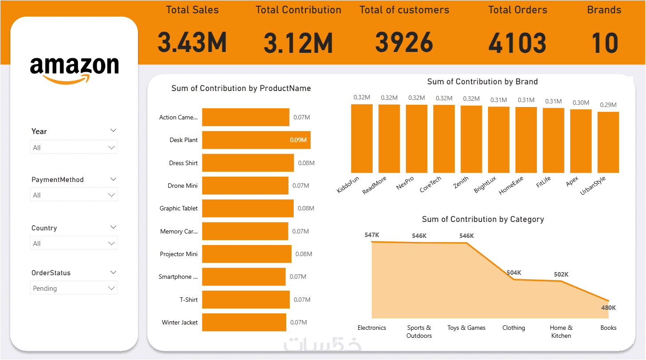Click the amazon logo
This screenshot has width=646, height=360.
74,69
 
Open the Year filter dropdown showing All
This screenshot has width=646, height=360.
74,147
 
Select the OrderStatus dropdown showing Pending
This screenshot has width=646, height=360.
74,288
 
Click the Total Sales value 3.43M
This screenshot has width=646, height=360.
192,43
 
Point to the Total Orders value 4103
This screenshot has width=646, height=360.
517,43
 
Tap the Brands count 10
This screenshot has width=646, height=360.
604,43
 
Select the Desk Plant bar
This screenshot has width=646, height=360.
256,140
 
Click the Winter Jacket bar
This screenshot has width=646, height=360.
244,322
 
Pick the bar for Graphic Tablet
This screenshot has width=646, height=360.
248,208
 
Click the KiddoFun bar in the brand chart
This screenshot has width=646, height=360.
362,138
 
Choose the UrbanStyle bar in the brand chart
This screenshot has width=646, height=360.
608,142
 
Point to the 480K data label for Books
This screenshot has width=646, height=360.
608,308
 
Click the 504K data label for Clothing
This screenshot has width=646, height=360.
514,273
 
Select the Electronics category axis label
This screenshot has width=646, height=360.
372,328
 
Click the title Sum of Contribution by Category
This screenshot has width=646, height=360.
483,219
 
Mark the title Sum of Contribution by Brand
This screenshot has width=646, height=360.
482,82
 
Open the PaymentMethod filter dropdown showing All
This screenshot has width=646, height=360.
74,195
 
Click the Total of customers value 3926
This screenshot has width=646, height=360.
404,43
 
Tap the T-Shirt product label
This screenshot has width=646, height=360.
189,300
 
